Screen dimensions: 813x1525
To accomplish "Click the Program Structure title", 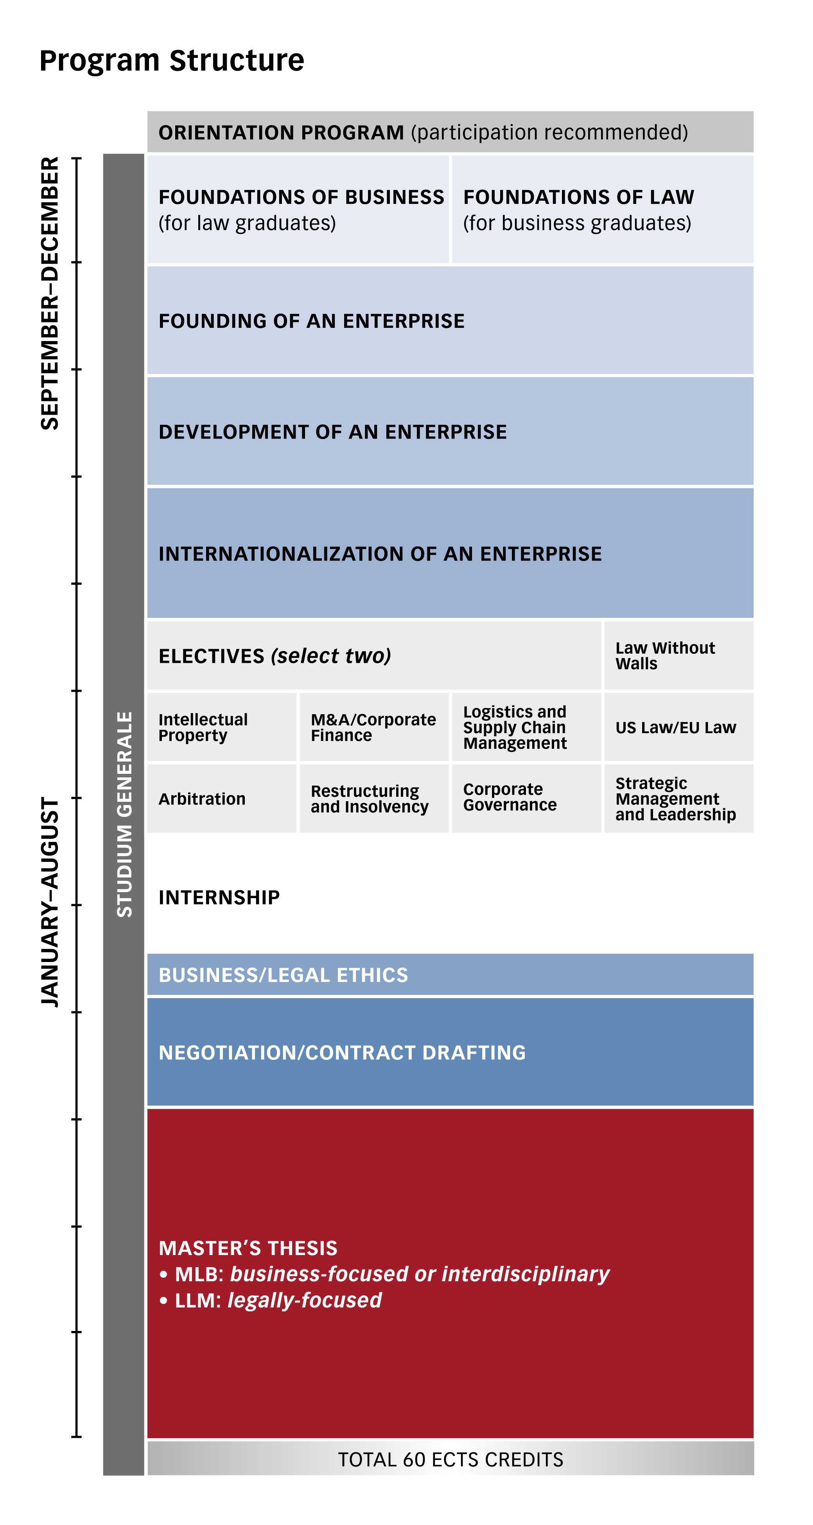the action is [172, 60].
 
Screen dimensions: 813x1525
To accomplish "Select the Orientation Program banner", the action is [450, 132].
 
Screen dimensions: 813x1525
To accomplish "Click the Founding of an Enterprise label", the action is [312, 321].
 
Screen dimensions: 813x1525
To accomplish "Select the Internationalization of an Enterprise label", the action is [380, 554].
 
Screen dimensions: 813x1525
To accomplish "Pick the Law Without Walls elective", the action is [679, 655].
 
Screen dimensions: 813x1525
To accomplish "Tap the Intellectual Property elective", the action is [222, 727].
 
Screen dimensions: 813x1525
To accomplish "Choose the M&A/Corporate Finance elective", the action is [374, 727].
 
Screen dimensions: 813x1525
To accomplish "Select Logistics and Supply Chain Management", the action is [527, 727].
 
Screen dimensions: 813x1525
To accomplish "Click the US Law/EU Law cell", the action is [679, 727].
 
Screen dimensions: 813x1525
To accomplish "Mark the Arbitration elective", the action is [222, 798].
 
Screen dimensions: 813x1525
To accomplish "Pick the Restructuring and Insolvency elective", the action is [374, 798].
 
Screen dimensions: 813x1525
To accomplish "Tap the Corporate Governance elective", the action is [527, 798].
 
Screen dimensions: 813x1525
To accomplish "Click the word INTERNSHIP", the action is [219, 897].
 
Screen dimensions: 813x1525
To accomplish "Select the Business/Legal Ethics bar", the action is [450, 975].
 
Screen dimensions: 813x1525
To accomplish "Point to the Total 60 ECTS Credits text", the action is [450, 1459].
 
